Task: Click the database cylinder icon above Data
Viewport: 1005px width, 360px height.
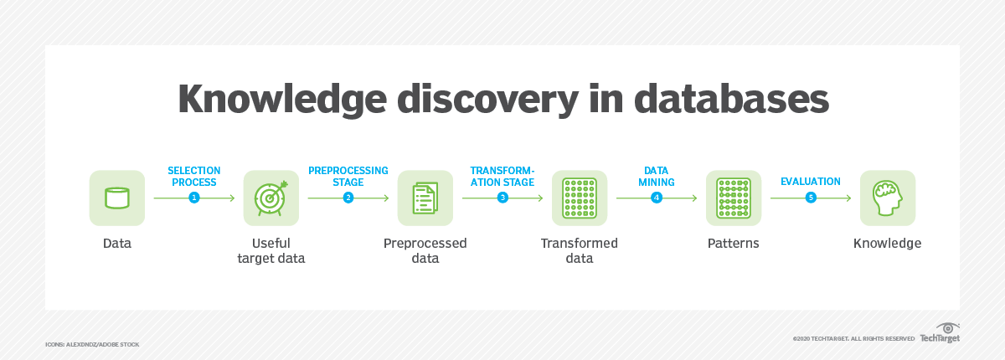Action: [x=116, y=198]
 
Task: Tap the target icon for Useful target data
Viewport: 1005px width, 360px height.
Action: [x=271, y=198]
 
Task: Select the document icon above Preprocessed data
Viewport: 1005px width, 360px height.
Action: [x=425, y=198]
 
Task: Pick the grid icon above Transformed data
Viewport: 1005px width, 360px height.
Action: [x=579, y=198]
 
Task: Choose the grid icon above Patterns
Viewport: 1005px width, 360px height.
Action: [x=733, y=198]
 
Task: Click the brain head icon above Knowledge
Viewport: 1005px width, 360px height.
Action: [x=887, y=198]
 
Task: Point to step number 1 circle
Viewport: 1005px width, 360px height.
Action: [x=194, y=198]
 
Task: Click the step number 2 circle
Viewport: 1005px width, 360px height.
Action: [x=348, y=198]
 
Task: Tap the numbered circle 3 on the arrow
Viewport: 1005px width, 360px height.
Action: [x=502, y=198]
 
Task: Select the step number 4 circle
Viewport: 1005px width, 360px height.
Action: [x=657, y=198]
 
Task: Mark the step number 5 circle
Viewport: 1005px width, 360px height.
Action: [x=811, y=198]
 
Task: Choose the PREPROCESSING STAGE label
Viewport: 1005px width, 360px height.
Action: [x=348, y=176]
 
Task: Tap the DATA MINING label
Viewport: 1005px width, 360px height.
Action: [x=656, y=176]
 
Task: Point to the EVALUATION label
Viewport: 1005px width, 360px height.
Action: [x=810, y=181]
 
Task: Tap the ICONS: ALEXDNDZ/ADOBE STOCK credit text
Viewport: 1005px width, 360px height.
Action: [x=92, y=344]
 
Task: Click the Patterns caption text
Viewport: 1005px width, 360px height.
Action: [x=733, y=244]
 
